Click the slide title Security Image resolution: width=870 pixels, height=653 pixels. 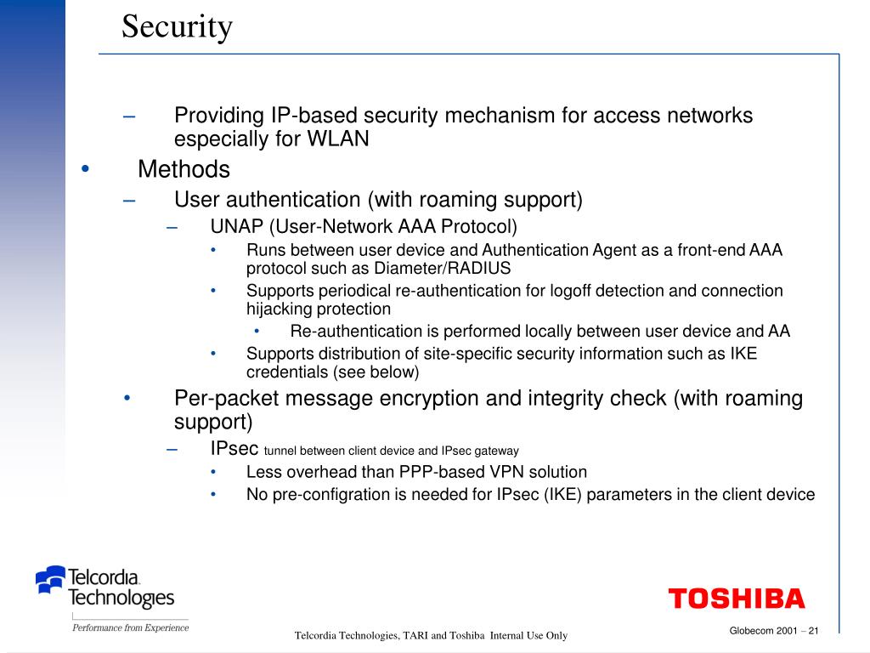pyautogui.click(x=177, y=26)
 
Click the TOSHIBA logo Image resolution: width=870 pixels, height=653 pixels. pyautogui.click(x=736, y=599)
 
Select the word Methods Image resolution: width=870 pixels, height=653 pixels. pyautogui.click(x=184, y=169)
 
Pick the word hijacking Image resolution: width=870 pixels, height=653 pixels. pyautogui.click(x=280, y=309)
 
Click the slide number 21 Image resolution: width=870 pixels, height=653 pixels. pyautogui.click(x=813, y=630)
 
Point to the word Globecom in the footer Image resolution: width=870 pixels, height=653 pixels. pyautogui.click(x=750, y=630)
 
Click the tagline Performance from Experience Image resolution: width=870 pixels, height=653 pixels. pyautogui.click(x=130, y=628)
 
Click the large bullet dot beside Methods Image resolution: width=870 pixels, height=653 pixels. pyautogui.click(x=84, y=169)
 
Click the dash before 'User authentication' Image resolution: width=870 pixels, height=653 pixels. pyautogui.click(x=129, y=200)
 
